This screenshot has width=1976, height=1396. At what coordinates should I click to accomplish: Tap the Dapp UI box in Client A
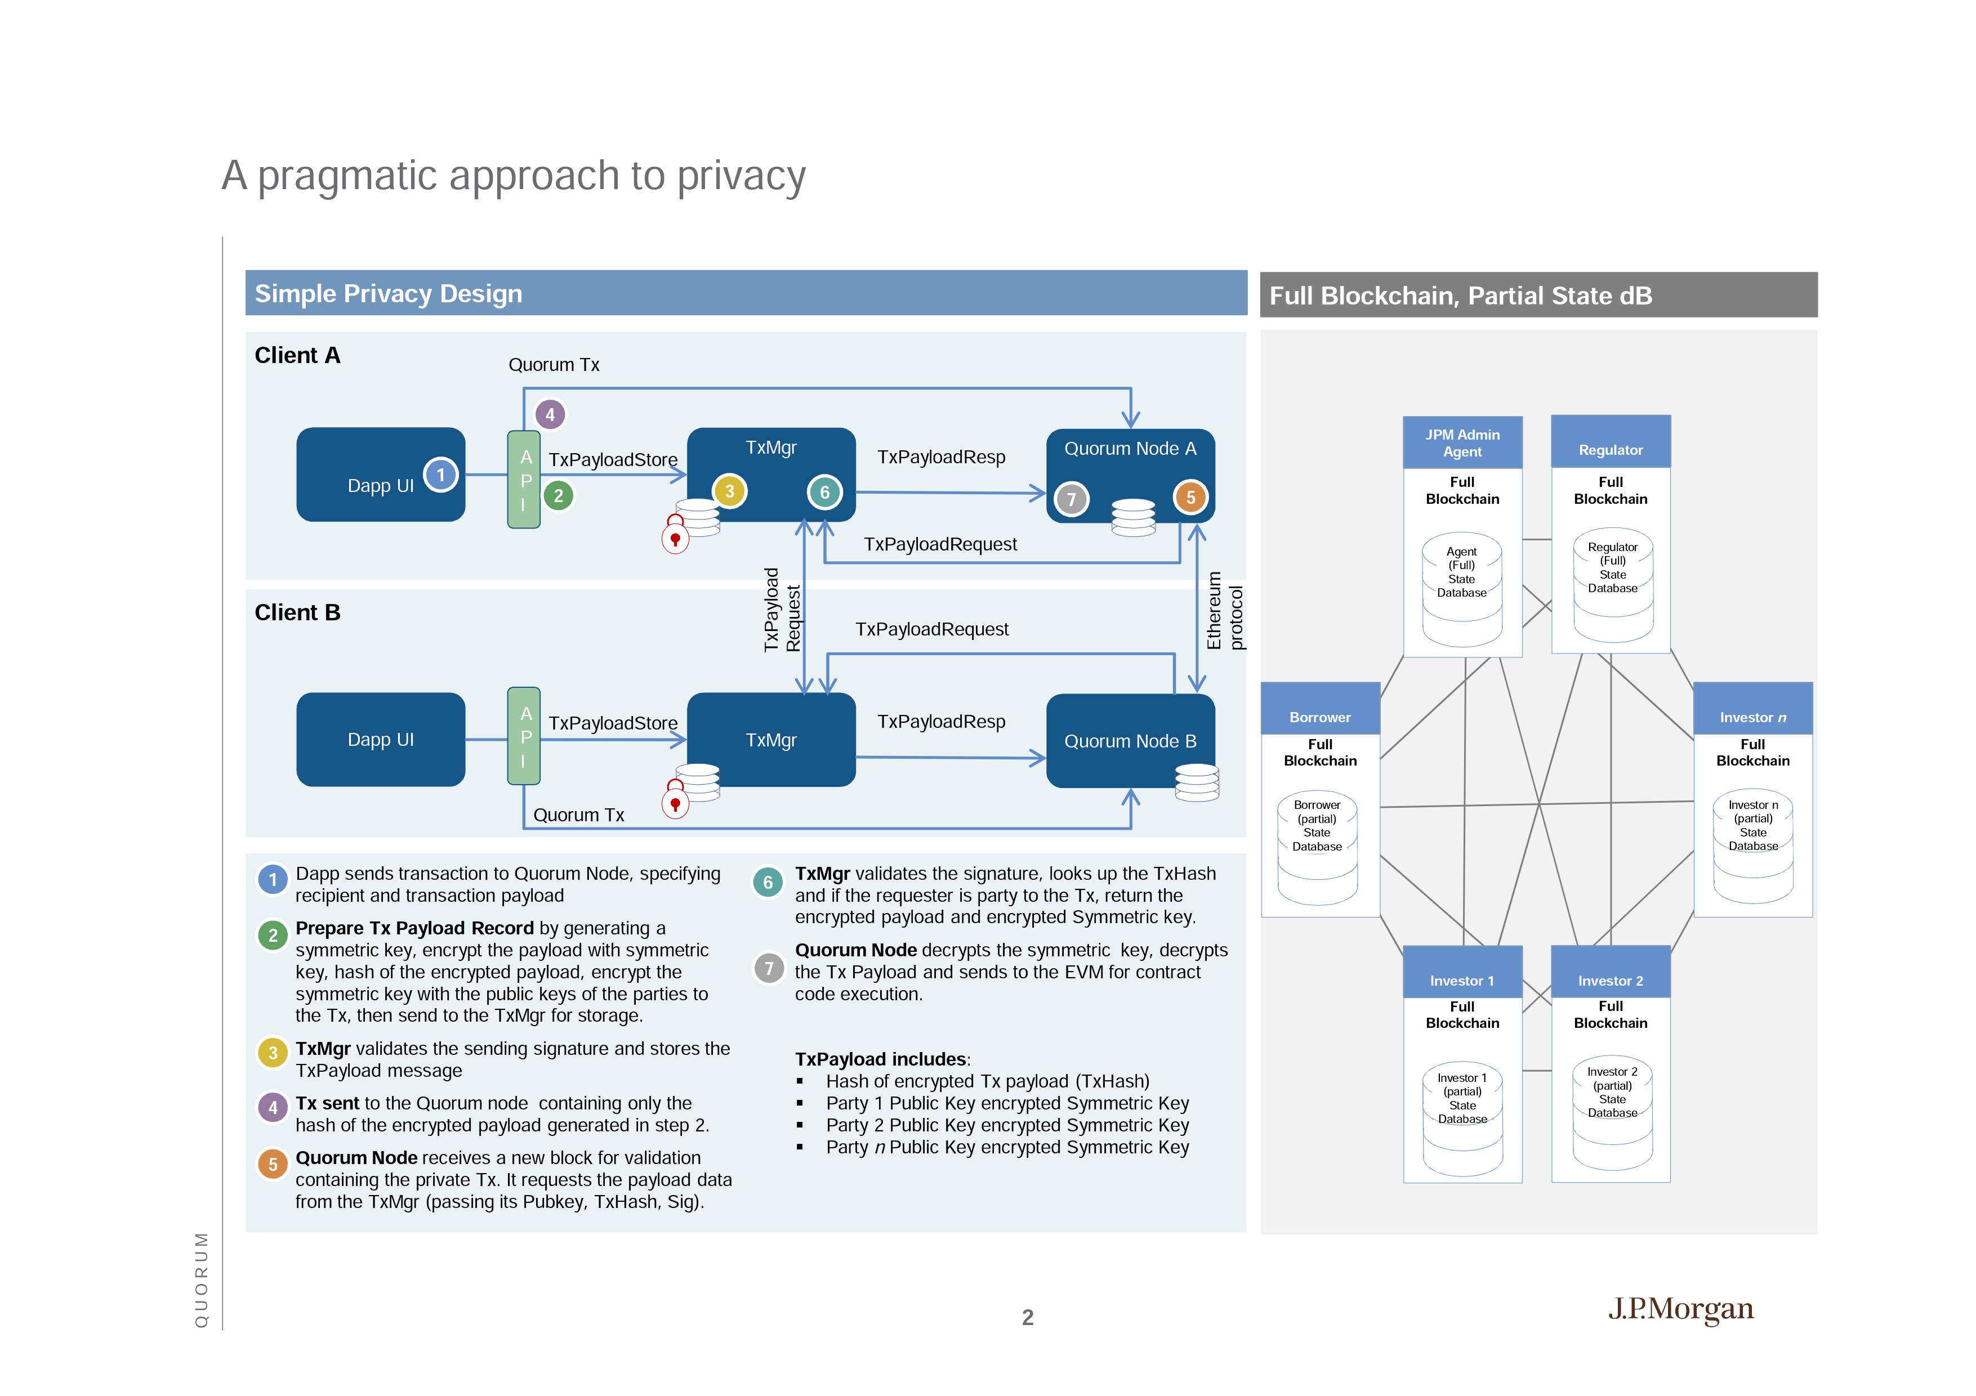point(381,475)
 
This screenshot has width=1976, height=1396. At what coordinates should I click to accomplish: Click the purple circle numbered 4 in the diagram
point(550,415)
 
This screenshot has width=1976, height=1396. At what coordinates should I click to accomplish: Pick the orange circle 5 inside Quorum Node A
point(1190,497)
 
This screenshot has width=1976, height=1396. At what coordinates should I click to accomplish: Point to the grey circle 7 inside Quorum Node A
point(1072,499)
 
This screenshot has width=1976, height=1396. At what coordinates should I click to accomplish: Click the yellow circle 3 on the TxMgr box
point(729,492)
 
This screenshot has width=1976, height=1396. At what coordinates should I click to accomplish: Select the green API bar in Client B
point(524,736)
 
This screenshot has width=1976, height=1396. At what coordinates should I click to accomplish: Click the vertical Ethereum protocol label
point(1224,611)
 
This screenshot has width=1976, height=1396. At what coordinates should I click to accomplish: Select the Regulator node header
point(1610,450)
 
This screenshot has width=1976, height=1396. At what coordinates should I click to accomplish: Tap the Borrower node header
point(1319,717)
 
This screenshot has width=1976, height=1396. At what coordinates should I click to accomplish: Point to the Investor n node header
point(1752,717)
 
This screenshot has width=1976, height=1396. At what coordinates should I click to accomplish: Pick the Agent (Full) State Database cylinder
point(1461,590)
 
